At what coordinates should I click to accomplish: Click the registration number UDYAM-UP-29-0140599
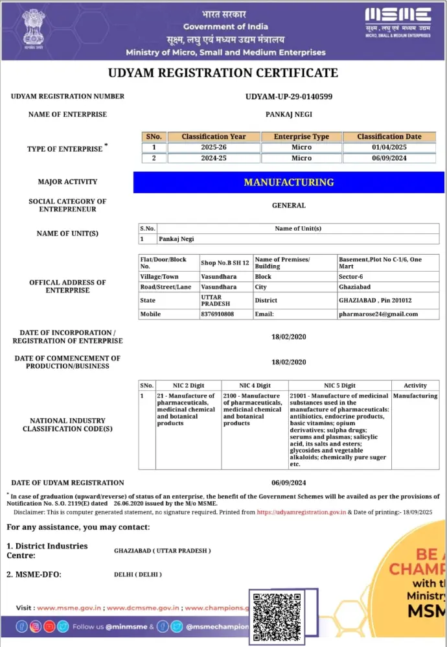tap(289, 97)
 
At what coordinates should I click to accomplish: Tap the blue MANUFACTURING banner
tap(288, 182)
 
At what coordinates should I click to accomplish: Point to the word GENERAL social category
tap(289, 206)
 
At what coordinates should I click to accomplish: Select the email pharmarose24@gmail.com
tap(378, 314)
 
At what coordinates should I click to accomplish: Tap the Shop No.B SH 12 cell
tap(225, 263)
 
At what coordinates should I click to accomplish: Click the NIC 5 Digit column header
tap(339, 385)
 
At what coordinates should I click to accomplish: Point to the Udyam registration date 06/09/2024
tap(289, 482)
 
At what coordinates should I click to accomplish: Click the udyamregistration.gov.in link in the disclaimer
tap(301, 512)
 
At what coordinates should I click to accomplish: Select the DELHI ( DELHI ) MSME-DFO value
tap(138, 574)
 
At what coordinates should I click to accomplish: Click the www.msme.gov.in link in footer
tap(70, 608)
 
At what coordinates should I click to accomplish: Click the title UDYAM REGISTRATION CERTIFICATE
tap(223, 73)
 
